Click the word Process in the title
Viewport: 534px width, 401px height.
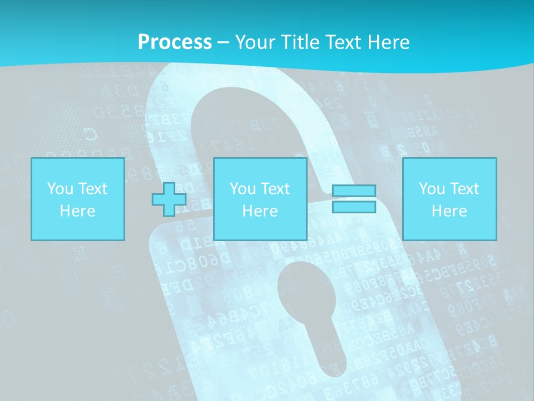point(175,42)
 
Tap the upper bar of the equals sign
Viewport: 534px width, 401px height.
point(354,191)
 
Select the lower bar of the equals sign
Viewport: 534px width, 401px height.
point(354,207)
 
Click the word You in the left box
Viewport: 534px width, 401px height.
point(60,189)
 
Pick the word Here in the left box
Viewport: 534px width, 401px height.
point(77,211)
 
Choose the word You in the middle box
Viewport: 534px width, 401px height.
point(243,189)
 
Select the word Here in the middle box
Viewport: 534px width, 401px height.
point(260,211)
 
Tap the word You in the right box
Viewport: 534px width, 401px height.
point(432,189)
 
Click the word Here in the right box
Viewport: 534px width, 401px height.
point(449,211)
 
